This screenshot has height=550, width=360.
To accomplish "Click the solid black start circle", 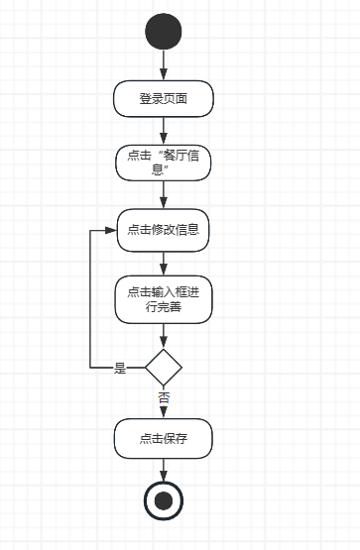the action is tap(164, 32).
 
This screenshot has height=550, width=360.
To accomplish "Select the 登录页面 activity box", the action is tap(164, 98).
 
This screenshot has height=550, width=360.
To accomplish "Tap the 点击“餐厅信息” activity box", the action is tap(164, 163).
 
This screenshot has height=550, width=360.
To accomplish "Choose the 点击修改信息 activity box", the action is tap(164, 230).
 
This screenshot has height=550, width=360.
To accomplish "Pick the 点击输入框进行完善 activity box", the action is tap(164, 299).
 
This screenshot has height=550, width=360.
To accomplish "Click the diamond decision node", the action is tap(164, 368).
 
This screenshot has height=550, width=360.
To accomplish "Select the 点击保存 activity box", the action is tap(164, 438).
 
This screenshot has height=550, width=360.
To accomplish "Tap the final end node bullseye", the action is tap(164, 500).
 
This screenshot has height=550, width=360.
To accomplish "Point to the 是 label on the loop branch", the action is tap(120, 368).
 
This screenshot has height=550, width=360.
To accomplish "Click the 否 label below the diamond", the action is tap(164, 398).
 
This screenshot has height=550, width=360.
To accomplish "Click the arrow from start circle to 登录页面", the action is tap(164, 65).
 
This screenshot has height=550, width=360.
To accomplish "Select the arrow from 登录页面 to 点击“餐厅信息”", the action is tap(164, 131).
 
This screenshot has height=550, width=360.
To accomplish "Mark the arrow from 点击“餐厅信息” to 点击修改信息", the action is tap(164, 195).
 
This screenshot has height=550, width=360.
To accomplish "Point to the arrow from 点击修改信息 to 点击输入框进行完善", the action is tap(164, 264).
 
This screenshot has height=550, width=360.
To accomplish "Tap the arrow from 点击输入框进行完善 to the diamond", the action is tap(164, 336).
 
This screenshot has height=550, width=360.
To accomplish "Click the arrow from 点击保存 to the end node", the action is tap(164, 470).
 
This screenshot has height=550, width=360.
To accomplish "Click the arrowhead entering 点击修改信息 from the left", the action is tap(111, 230).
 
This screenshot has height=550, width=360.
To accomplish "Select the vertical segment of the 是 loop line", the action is tap(90, 299).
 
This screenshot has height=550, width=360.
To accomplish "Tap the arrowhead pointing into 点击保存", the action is tap(164, 412).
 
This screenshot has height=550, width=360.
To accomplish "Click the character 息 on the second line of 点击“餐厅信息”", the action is tap(158, 170).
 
